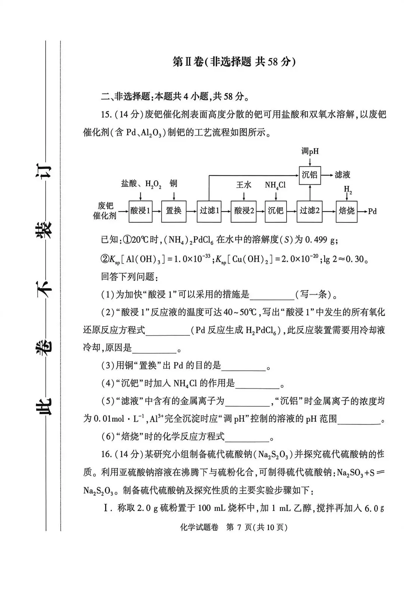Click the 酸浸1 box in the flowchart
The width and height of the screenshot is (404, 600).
(x=140, y=211)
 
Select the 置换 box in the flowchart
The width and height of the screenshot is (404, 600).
(x=174, y=211)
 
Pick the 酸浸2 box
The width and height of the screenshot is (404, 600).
(x=244, y=211)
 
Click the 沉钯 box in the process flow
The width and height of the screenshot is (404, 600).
(x=276, y=211)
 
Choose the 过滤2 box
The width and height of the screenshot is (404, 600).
(x=309, y=211)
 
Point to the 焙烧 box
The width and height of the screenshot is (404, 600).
(x=346, y=211)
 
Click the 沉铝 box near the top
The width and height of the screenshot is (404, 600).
(x=310, y=175)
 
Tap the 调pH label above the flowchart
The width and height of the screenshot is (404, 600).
(x=310, y=151)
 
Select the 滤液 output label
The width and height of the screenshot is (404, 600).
(x=342, y=175)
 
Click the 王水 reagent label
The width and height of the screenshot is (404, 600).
(x=244, y=185)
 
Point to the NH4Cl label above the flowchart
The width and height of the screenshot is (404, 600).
(x=275, y=185)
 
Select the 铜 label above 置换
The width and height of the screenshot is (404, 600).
(x=174, y=183)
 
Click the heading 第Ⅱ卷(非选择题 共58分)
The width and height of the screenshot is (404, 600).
(x=234, y=62)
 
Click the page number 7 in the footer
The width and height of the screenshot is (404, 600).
(x=241, y=527)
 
